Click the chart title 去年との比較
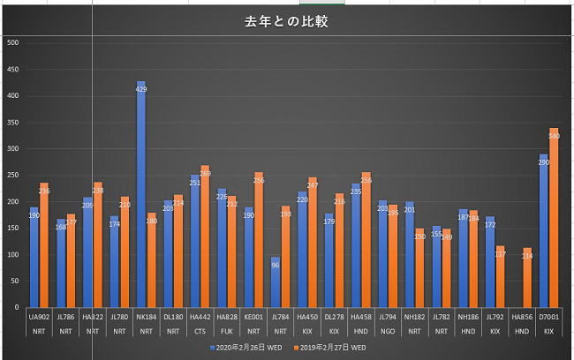tap(286, 21)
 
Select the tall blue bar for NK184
tap(141, 194)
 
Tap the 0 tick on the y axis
tap(16, 307)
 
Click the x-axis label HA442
tap(200, 316)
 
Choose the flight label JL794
tap(388, 316)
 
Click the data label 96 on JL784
tap(276, 265)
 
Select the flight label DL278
tap(334, 316)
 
